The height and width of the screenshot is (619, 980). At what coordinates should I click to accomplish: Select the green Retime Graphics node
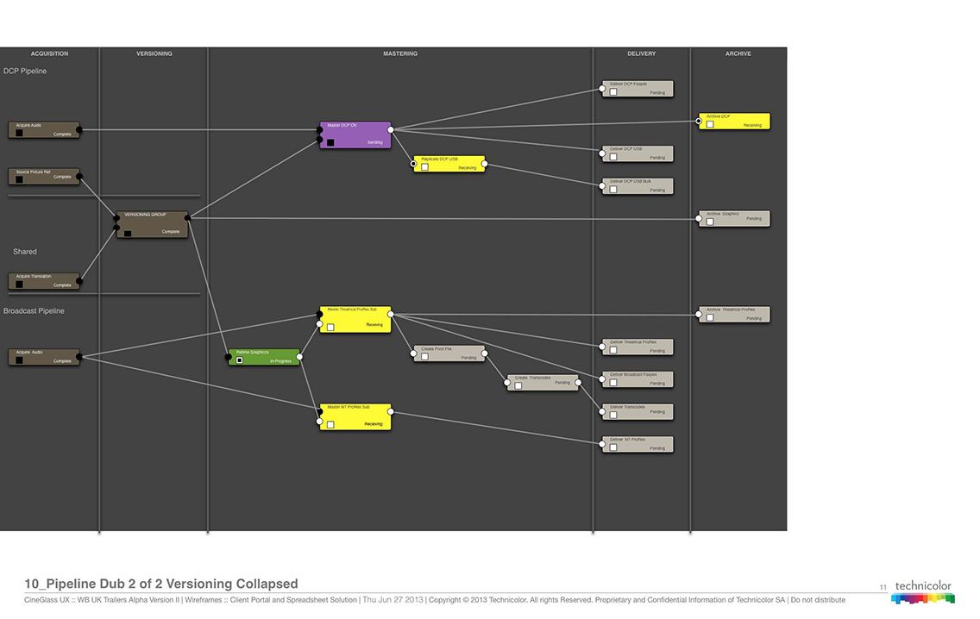(x=264, y=357)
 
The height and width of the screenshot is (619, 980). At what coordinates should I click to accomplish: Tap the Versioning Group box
(x=152, y=224)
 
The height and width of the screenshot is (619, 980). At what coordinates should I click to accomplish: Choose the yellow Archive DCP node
(x=733, y=122)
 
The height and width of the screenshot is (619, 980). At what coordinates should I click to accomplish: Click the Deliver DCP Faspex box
(x=638, y=89)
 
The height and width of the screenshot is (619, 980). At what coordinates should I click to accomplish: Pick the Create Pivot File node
(x=449, y=353)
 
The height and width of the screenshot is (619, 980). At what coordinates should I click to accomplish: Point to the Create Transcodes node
(x=543, y=382)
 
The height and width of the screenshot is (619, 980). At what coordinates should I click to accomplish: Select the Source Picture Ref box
(x=44, y=177)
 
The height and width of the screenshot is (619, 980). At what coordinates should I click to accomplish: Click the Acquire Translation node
(x=44, y=281)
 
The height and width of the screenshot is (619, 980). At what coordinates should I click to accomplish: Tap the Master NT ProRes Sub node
(x=355, y=416)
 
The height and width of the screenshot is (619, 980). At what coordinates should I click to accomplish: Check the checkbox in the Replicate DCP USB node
(x=425, y=167)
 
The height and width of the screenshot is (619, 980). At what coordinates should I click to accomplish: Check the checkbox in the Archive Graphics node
(x=710, y=222)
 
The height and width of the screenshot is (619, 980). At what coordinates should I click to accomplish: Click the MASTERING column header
(x=400, y=53)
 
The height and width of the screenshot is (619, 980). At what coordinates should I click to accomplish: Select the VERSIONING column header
(x=154, y=53)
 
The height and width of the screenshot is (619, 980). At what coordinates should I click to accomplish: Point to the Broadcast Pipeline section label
(x=34, y=310)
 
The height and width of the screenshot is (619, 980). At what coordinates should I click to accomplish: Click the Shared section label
(x=25, y=252)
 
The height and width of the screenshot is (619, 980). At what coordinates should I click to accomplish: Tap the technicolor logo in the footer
(x=923, y=592)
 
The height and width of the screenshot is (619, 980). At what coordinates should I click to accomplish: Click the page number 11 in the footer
(x=883, y=588)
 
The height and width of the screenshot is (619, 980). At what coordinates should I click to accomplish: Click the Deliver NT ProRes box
(x=638, y=444)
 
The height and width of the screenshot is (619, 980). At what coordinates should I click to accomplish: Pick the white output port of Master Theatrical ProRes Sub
(x=391, y=315)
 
